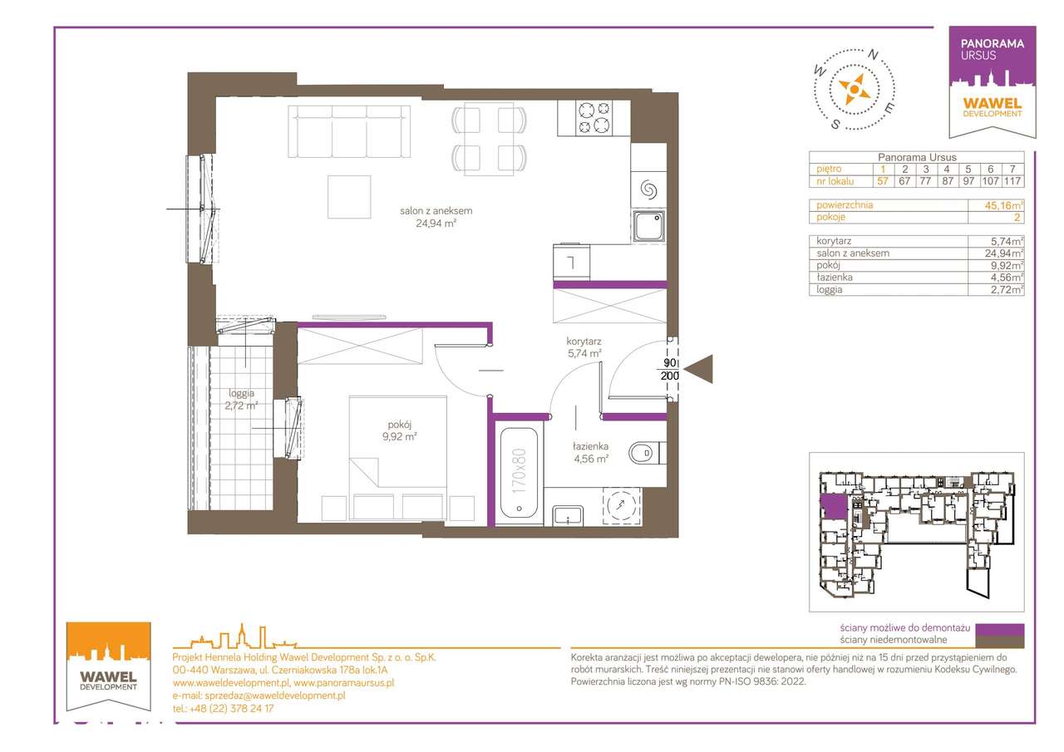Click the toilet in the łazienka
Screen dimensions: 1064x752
pos(647,453)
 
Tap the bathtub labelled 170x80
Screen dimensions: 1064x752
pos(519,473)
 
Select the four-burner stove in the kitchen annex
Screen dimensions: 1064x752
pos(594,118)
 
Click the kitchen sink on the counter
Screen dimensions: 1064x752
pos(648,226)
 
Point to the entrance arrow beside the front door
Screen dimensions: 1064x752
pos(698,369)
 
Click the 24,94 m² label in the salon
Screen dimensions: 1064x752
pos(436,224)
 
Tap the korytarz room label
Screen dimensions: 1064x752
pos(584,341)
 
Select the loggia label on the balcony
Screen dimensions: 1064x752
pos(241,393)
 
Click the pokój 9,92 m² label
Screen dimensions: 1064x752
pos(400,430)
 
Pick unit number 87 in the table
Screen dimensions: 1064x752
pos(948,181)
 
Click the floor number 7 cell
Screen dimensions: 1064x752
pos(1012,169)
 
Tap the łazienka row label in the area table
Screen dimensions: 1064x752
pos(835,278)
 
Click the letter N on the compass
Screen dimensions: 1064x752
pos(873,55)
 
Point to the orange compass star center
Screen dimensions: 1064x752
pos(854,89)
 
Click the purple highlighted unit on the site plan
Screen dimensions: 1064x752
pos(834,507)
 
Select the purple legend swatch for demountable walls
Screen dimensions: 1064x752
pos(999,629)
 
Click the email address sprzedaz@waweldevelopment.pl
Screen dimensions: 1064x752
pos(275,695)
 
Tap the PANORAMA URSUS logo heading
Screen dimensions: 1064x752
pos(992,49)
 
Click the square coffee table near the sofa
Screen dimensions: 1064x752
pos(349,197)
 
